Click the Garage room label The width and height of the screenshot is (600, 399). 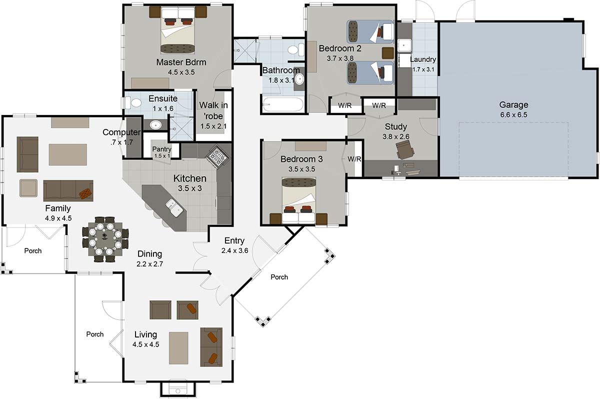[x=513, y=104]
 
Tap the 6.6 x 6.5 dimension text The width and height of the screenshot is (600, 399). [x=513, y=115]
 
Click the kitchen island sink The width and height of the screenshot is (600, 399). [x=174, y=207]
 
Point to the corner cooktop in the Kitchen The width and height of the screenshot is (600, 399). [x=217, y=157]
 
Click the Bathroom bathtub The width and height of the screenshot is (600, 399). [x=283, y=104]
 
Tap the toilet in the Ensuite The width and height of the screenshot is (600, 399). [x=133, y=102]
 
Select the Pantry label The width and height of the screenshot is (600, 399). [x=162, y=149]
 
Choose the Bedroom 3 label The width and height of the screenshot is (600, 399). [x=301, y=159]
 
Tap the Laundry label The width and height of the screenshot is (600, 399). [x=423, y=59]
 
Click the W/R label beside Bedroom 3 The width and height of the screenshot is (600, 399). [x=354, y=159]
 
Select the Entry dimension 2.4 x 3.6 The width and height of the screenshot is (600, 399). [x=234, y=250]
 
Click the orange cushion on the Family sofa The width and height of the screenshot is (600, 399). [x=85, y=193]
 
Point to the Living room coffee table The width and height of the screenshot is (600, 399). [x=178, y=348]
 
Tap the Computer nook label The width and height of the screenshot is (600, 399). [x=121, y=132]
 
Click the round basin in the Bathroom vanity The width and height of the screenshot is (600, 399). [x=299, y=79]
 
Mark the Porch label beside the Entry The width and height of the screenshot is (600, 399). [x=279, y=277]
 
